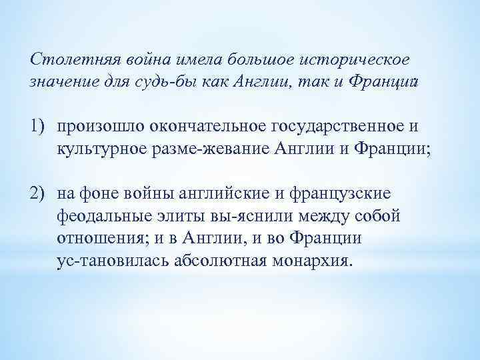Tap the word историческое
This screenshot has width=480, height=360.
pyautogui.click(x=361, y=59)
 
